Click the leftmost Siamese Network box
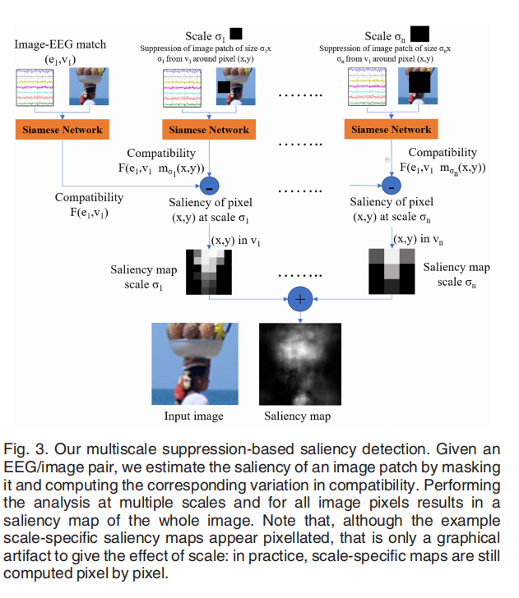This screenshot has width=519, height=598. tap(63, 129)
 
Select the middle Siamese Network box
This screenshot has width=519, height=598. tap(211, 129)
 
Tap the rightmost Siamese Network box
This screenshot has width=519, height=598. tap(391, 129)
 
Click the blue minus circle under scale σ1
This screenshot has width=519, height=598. tap(211, 184)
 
